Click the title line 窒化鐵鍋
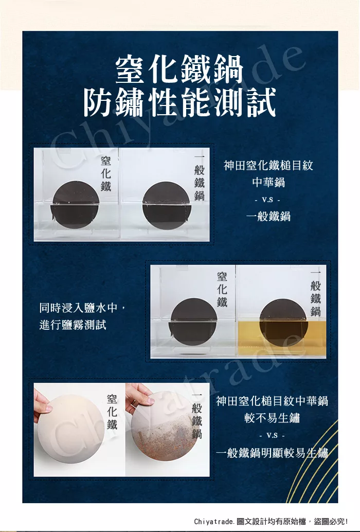[179, 70]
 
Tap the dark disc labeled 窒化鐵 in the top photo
[75, 205]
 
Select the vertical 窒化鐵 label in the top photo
[106, 174]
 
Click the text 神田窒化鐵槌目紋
[268, 166]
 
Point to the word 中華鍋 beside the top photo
[268, 182]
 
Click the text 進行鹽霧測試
[73, 325]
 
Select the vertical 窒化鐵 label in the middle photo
[222, 290]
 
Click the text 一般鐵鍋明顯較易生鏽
[272, 453]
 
